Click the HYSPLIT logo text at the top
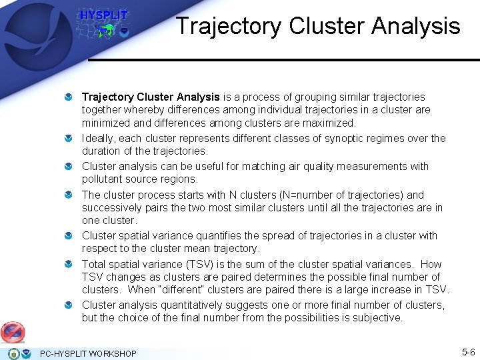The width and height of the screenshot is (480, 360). (x=103, y=15)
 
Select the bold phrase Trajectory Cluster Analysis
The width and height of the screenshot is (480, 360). (x=151, y=97)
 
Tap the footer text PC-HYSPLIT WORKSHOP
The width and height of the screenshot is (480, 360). (x=88, y=353)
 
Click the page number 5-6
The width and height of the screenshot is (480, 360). (x=468, y=352)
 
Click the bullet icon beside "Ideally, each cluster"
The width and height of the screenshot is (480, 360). (x=69, y=139)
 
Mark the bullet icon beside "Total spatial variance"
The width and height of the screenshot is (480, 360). (x=69, y=265)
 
